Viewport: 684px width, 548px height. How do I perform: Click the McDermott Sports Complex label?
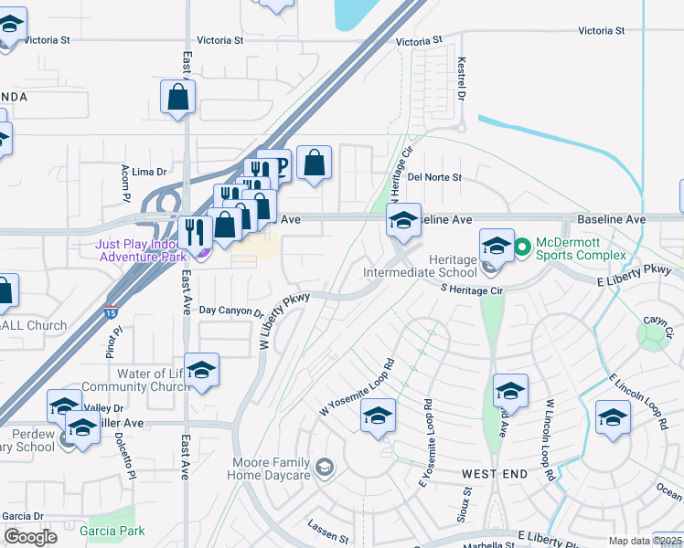[581, 248]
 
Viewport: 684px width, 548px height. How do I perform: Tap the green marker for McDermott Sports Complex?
[522, 247]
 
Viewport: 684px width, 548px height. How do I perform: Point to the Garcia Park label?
[112, 531]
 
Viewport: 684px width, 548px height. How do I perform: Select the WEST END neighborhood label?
[495, 474]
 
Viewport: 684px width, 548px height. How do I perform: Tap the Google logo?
[31, 537]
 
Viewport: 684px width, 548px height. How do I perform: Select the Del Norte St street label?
[435, 177]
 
